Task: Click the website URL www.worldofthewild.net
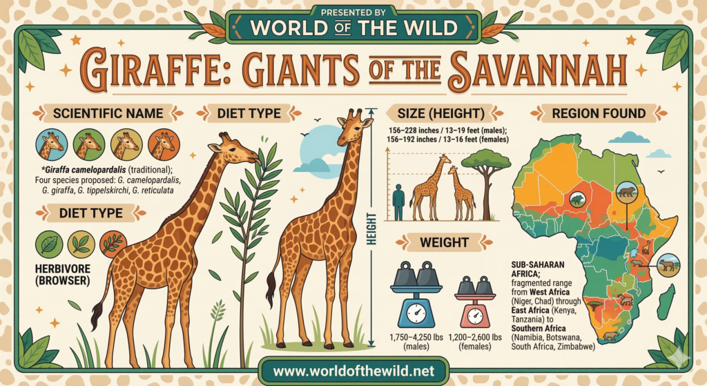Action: click(353, 371)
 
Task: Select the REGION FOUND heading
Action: click(599, 113)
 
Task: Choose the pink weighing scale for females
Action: click(474, 302)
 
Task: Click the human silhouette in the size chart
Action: click(398, 202)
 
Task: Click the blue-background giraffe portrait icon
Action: click(50, 144)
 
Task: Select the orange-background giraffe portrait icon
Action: click(162, 144)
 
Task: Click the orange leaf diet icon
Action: click(113, 244)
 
